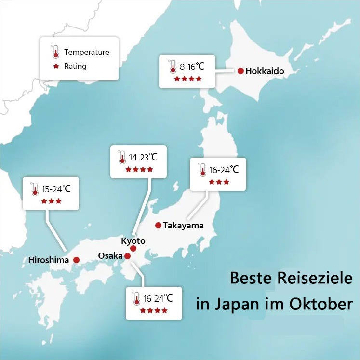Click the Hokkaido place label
(265, 71)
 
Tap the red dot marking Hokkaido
(240, 71)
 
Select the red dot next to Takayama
(158, 225)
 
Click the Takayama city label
(183, 226)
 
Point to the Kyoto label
(133, 240)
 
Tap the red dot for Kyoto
(133, 249)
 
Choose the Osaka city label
(110, 255)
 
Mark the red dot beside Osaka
(127, 256)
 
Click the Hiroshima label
(49, 260)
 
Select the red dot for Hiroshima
(76, 260)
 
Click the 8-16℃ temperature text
(192, 67)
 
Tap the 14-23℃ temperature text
(143, 157)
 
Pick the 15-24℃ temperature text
(56, 189)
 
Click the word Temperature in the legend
(86, 52)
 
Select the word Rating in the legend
(75, 66)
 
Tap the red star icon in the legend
(56, 66)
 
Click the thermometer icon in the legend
(56, 52)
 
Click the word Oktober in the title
(321, 305)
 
